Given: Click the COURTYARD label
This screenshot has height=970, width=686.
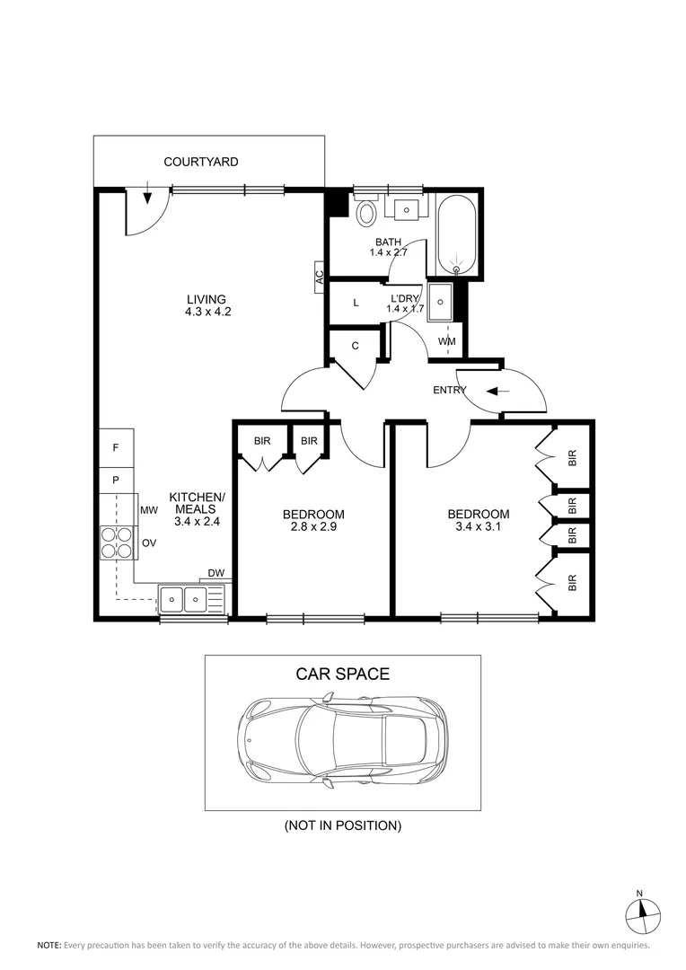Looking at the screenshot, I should [x=200, y=162].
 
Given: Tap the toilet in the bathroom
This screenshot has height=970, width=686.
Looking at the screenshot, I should [x=366, y=213].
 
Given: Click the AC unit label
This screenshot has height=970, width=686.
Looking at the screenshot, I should [x=319, y=277].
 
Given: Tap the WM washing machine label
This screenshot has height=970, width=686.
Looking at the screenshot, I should [x=446, y=342].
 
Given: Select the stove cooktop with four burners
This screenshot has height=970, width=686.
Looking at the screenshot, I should [x=116, y=542].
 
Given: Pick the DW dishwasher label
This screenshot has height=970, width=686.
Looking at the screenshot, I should [x=215, y=573].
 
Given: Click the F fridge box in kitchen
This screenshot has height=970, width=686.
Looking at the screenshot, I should [x=116, y=447].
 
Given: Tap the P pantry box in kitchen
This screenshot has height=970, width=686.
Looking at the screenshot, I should [x=116, y=480].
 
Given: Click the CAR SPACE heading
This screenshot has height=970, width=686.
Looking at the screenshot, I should [x=342, y=674].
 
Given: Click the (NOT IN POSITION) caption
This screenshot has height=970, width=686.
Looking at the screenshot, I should [x=342, y=824].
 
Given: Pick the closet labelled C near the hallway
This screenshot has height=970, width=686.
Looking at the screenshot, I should [x=356, y=346].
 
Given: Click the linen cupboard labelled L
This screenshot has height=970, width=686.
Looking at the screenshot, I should [x=356, y=304].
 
